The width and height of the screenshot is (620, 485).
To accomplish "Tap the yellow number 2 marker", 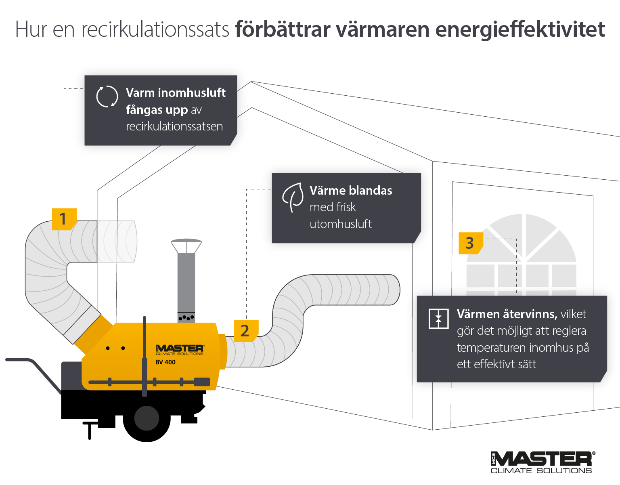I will click(245, 331).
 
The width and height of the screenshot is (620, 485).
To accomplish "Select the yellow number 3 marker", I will click(470, 243).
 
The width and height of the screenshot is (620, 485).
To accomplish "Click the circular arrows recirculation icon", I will click(107, 97).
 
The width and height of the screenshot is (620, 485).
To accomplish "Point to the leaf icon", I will click(293, 197).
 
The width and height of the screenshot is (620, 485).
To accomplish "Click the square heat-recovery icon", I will click(438, 319).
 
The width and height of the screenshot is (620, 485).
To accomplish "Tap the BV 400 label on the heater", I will click(165, 362).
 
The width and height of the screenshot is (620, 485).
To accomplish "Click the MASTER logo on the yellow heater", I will click(180, 349).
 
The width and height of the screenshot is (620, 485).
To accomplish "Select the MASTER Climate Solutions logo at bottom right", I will click(542, 462).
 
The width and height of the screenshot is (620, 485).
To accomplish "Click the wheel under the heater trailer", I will click(147, 418).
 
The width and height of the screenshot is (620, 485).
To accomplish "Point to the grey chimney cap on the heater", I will click(186, 246).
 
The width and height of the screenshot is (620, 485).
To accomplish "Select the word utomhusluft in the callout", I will click(340, 224).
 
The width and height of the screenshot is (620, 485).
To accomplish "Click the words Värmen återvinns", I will click(507, 314).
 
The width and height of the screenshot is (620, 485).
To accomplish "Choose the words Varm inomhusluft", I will click(176, 92).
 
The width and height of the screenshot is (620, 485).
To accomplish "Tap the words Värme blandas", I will click(351, 190).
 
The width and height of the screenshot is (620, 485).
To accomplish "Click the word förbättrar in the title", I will click(283, 29).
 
